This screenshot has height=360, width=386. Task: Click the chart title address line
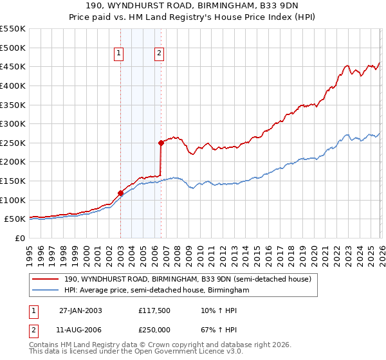click(x=193, y=6)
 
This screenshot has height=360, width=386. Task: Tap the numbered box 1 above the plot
click(x=120, y=54)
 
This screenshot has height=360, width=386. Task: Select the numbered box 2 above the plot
click(x=159, y=54)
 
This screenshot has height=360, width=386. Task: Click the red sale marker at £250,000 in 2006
click(x=161, y=143)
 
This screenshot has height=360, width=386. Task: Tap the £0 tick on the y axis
click(x=19, y=238)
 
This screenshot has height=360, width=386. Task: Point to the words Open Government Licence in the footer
click(x=185, y=353)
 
